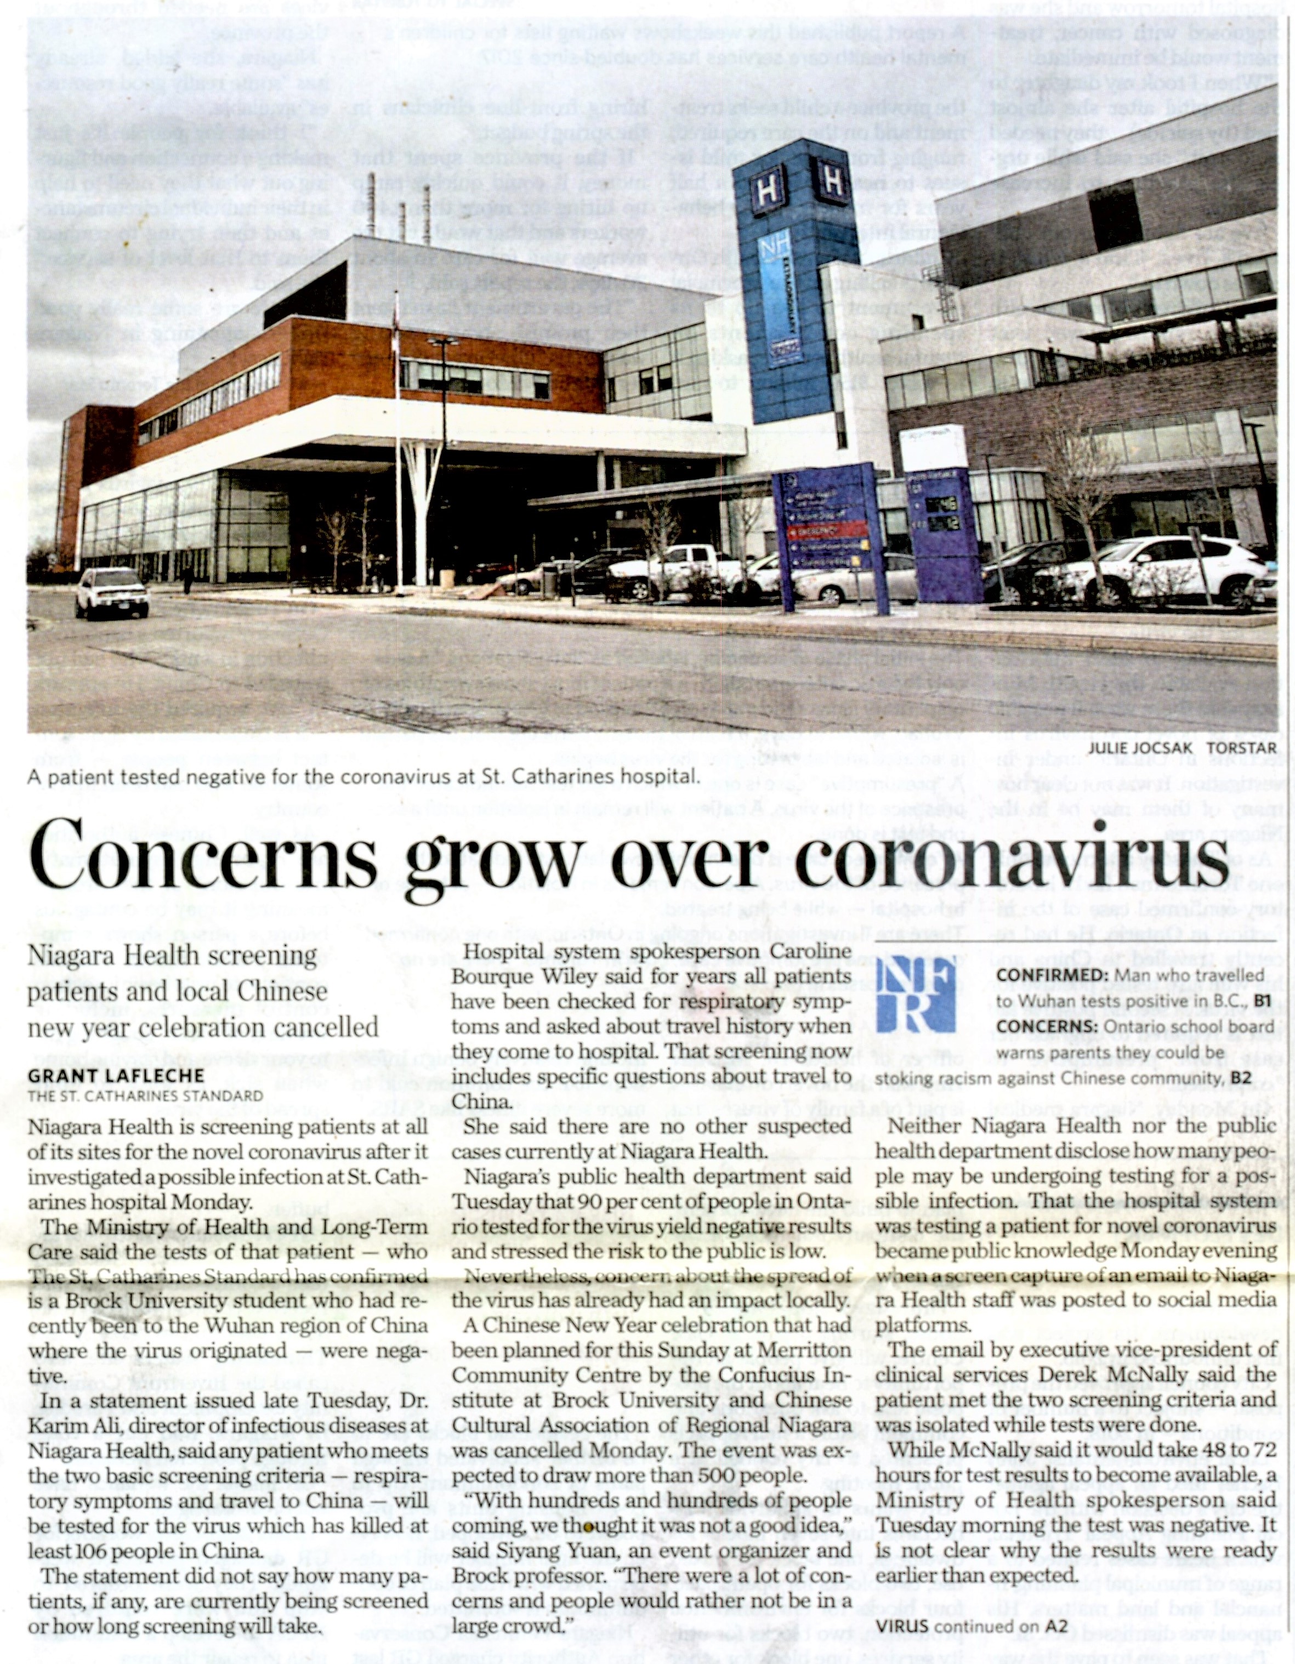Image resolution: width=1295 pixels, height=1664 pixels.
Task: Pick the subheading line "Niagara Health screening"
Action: coord(172,955)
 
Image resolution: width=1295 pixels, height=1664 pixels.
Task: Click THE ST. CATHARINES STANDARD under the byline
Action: coord(145,1095)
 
